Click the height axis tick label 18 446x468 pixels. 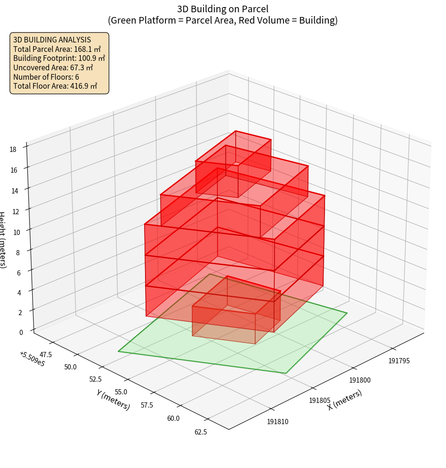tap(13, 149)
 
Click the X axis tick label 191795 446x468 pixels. tap(399, 361)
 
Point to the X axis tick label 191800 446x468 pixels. tap(360, 380)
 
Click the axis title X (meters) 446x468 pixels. tap(345, 400)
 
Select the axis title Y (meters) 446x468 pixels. tap(113, 399)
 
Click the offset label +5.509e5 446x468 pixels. tap(32, 359)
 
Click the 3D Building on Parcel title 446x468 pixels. tap(223, 9)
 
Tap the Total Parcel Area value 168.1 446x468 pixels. tap(87, 49)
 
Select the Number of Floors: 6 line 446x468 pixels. tap(46, 76)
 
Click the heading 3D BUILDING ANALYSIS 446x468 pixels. tap(52, 40)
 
